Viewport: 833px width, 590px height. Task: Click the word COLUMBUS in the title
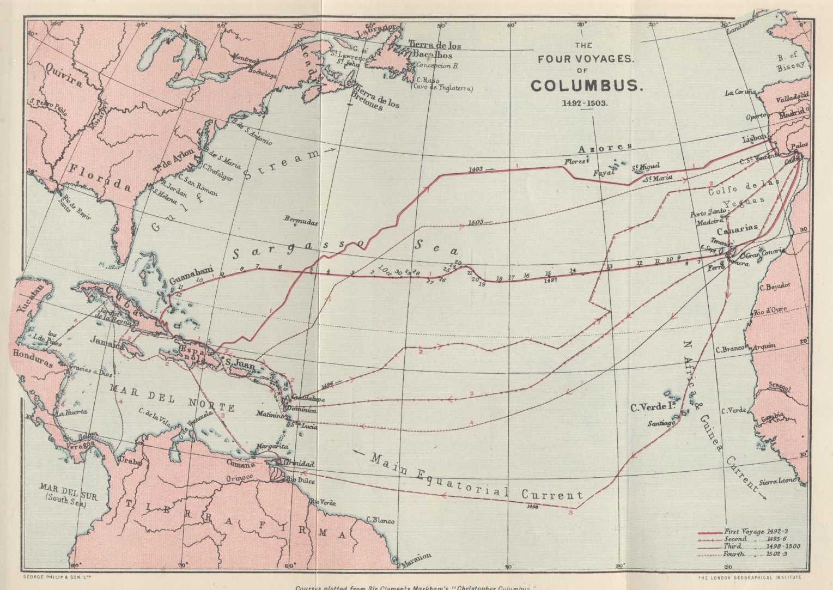pyautogui.click(x=580, y=86)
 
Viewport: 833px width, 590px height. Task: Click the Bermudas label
pyautogui.click(x=301, y=221)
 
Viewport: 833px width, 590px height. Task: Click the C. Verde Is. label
pyautogui.click(x=650, y=407)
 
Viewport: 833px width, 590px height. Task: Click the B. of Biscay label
pyautogui.click(x=790, y=60)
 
